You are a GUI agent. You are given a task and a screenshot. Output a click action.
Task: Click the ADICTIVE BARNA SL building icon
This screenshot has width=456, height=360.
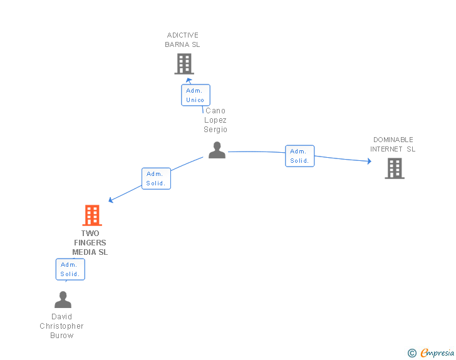click(184, 64)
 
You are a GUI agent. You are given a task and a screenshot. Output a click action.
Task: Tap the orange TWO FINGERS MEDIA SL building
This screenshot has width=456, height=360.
click(92, 215)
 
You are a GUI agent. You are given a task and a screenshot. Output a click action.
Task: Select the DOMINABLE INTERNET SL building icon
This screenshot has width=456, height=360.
click(394, 168)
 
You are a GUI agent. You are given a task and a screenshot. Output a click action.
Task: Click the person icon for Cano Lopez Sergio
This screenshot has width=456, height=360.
click(217, 150)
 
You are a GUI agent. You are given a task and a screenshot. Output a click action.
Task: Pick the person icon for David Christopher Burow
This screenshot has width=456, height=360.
click(63, 299)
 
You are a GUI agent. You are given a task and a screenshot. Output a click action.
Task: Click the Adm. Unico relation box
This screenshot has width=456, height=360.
click(195, 95)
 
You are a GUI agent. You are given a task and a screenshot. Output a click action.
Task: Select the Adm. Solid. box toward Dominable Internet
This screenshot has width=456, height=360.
click(299, 156)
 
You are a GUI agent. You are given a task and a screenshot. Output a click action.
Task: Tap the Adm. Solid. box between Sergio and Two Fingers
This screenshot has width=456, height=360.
click(156, 178)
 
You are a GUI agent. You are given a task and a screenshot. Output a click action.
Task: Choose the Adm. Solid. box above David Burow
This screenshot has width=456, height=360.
click(70, 269)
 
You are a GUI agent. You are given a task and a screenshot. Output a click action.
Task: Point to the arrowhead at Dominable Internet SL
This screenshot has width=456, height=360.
click(369, 162)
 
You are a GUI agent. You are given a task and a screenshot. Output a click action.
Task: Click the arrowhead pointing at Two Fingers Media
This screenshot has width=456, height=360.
click(111, 200)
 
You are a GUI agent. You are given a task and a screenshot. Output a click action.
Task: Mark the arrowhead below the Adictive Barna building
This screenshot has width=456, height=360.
click(189, 80)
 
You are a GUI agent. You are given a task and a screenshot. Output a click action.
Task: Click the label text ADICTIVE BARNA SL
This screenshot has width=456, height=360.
click(182, 40)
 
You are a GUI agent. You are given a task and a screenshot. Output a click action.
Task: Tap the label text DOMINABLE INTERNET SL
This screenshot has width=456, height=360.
click(393, 145)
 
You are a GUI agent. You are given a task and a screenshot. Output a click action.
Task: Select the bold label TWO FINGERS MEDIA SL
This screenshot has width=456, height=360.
click(90, 243)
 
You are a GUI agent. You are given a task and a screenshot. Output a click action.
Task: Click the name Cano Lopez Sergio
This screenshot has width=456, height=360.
click(215, 120)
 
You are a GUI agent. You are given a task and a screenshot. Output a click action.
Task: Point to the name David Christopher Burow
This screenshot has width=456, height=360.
click(62, 326)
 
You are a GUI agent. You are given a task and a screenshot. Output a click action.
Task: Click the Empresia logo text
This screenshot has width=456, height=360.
click(437, 353)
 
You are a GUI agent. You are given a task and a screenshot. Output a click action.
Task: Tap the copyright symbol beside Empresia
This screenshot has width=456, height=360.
click(412, 353)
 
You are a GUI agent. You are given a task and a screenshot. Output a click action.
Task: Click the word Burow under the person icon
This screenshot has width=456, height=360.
click(62, 336)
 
